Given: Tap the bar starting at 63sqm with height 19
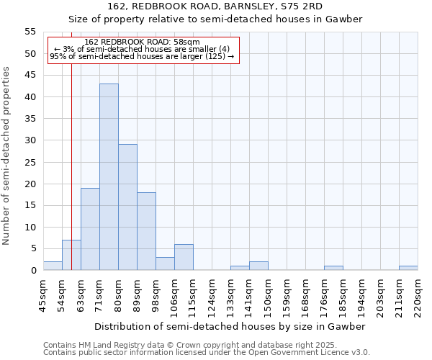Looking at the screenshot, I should pos(90,229).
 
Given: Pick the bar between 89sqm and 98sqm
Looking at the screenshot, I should pos(146,231).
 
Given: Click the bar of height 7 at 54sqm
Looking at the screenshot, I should pos(71,255).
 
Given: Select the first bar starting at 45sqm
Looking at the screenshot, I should pos(53,266).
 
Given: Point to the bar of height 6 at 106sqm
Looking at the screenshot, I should pos(184,257).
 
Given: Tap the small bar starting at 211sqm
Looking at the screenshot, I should pos(408,268).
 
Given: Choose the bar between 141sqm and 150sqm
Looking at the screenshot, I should pos(258,266).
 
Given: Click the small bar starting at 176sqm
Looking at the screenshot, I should pos(333,268).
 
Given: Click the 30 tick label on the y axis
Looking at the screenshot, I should pos(30,140).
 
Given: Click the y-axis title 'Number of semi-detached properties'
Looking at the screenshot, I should pos(7,155).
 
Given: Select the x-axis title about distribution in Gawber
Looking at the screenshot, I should pos(230,326).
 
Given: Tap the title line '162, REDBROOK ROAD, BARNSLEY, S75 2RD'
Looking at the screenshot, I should pos(215,6).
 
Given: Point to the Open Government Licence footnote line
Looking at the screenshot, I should pos(207,352).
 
